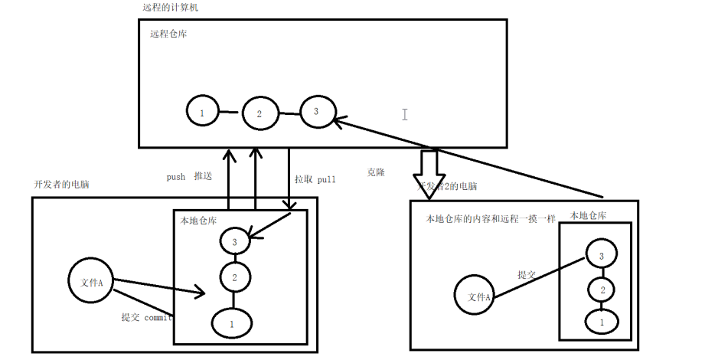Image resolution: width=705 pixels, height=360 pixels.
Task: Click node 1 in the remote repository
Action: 202,112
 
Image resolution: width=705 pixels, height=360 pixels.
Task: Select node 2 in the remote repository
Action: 259,114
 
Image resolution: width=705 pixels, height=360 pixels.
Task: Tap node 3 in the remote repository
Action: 316,112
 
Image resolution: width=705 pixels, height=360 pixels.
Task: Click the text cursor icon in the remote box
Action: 404,114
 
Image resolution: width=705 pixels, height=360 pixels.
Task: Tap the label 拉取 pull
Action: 315,179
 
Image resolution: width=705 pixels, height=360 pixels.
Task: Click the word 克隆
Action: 376,173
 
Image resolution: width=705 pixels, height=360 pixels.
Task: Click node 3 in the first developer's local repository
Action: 234,241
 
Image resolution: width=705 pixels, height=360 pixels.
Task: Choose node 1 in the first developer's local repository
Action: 232,323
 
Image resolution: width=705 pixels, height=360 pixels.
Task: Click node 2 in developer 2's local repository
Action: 602,290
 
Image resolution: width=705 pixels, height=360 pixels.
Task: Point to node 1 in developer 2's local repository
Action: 602,322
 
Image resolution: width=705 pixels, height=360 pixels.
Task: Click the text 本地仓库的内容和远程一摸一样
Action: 491,220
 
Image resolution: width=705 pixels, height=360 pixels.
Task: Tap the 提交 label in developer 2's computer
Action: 527,274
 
